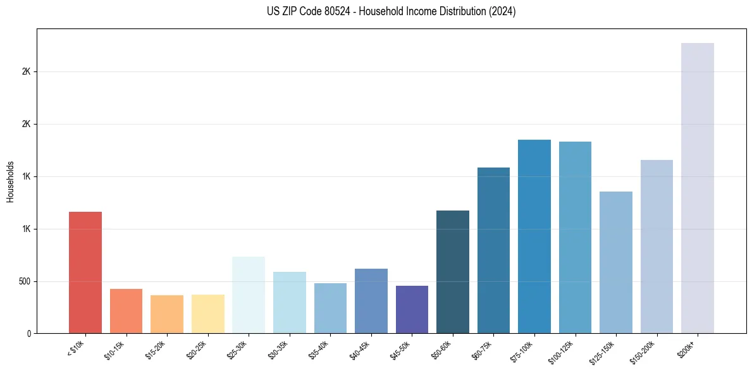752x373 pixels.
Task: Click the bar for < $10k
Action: [85, 272]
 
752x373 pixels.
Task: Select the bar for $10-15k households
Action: [126, 311]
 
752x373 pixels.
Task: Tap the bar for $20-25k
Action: [207, 314]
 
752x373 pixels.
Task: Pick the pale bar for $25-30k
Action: [249, 295]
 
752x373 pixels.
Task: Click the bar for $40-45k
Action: [371, 301]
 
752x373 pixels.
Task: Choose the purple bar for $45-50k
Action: [412, 309]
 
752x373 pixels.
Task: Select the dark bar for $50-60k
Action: [452, 272]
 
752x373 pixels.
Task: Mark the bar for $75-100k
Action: [534, 236]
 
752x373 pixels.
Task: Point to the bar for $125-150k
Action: [615, 262]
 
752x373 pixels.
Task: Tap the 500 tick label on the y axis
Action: [25, 281]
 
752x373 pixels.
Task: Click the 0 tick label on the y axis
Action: [29, 334]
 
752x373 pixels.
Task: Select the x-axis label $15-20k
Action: [156, 348]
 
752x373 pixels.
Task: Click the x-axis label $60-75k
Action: [483, 348]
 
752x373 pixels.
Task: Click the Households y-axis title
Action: [10, 181]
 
